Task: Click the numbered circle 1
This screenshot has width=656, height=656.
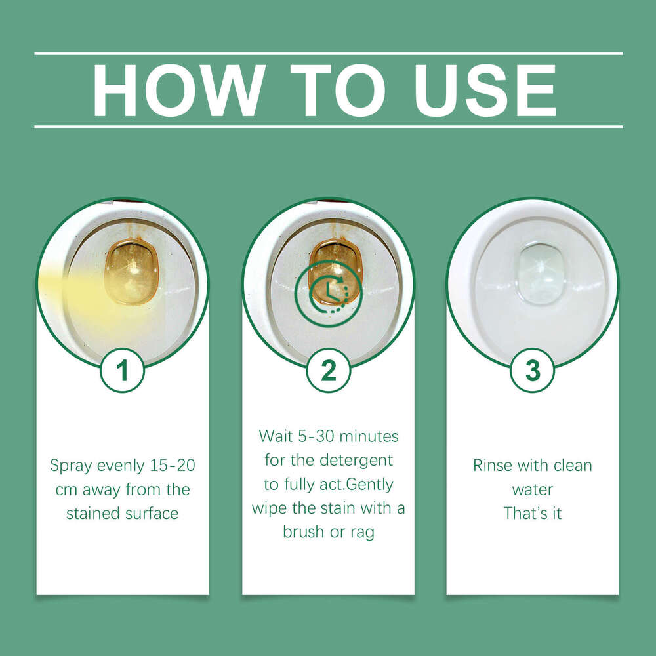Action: pos(122,371)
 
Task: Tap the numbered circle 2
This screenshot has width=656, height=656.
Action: pos(328,371)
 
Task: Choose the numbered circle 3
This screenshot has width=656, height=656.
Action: pos(533,371)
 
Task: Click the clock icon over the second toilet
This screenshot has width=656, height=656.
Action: pos(328,293)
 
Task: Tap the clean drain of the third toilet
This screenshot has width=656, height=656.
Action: pos(541,272)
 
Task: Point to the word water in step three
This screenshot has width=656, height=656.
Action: pos(533,489)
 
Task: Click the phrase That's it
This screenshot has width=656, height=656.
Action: pos(533,513)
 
